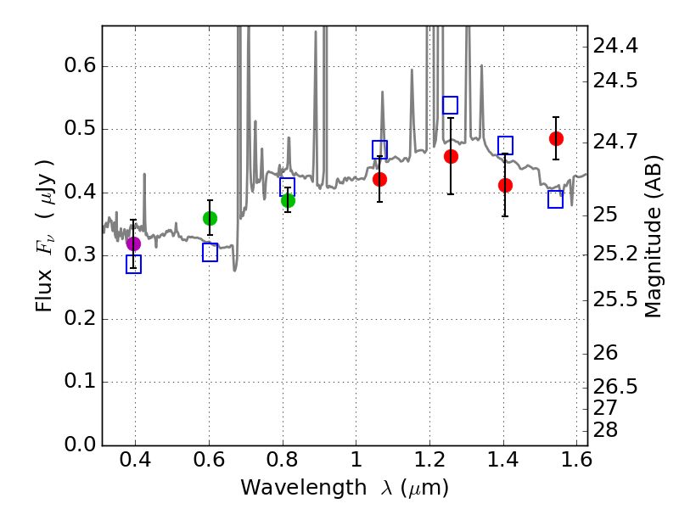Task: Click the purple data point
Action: tap(133, 243)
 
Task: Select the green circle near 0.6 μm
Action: tap(210, 218)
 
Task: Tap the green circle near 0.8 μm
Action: tap(288, 200)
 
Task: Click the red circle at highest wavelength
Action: tap(556, 138)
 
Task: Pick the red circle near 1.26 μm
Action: tap(451, 156)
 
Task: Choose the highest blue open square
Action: tap(451, 105)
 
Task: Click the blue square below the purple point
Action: tap(133, 265)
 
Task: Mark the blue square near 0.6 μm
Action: tap(210, 253)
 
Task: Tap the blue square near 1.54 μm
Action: tap(556, 199)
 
